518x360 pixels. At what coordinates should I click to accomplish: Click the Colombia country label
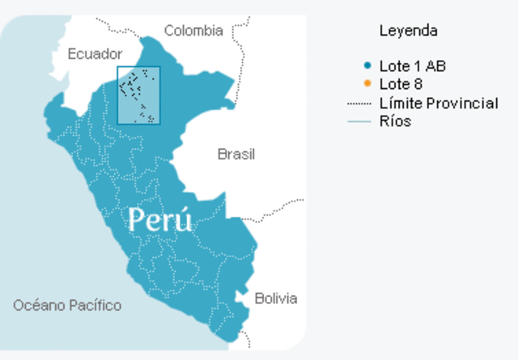click(193, 31)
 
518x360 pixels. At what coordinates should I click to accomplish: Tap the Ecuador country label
click(95, 53)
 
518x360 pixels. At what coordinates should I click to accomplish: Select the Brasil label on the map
click(236, 154)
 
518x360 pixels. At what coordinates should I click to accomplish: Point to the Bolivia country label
click(275, 298)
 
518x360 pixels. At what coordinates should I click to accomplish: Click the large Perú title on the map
click(161, 219)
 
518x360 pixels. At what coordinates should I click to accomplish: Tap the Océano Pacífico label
click(67, 305)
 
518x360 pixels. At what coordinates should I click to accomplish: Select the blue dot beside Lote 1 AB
click(368, 66)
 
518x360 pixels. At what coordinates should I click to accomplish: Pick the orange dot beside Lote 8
click(368, 84)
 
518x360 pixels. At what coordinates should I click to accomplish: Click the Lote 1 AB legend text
click(412, 66)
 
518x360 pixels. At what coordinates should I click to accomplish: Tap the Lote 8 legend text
click(401, 84)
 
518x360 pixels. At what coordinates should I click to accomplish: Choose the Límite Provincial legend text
click(439, 104)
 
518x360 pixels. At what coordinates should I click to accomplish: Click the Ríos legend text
click(395, 121)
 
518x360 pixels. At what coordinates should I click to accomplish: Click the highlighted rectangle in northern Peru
click(138, 95)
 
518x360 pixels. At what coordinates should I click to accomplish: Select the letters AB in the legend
click(436, 66)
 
